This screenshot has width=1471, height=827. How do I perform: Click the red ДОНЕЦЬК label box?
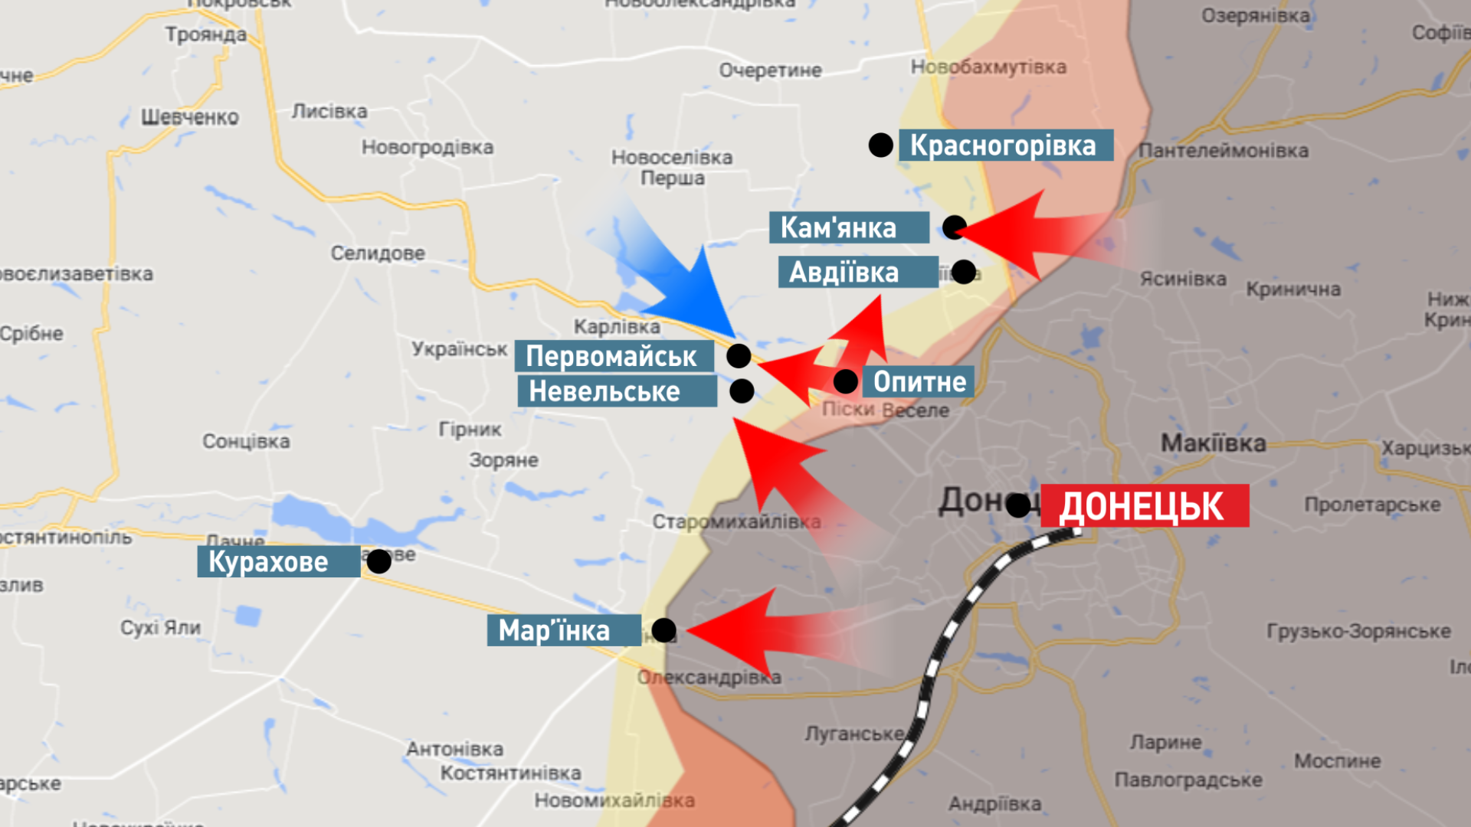1145,506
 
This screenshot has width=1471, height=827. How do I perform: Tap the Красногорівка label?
1005,145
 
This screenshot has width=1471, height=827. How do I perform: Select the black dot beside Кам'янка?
955,227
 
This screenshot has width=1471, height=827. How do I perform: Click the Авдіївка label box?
857,273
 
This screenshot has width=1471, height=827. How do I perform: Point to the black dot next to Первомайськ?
739,356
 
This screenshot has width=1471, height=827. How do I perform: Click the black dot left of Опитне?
846,381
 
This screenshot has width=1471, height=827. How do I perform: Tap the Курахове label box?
278,562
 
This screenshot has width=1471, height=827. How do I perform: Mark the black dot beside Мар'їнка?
663,631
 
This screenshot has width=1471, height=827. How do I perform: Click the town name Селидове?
378,253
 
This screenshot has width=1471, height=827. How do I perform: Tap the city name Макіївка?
1213,443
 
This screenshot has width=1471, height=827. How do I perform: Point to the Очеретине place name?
770,71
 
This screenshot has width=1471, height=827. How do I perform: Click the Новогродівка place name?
428,148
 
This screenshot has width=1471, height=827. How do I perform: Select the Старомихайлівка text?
736,522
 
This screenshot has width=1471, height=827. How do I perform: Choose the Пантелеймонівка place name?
1223,151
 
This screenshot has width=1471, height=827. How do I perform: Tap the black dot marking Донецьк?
1018,505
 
